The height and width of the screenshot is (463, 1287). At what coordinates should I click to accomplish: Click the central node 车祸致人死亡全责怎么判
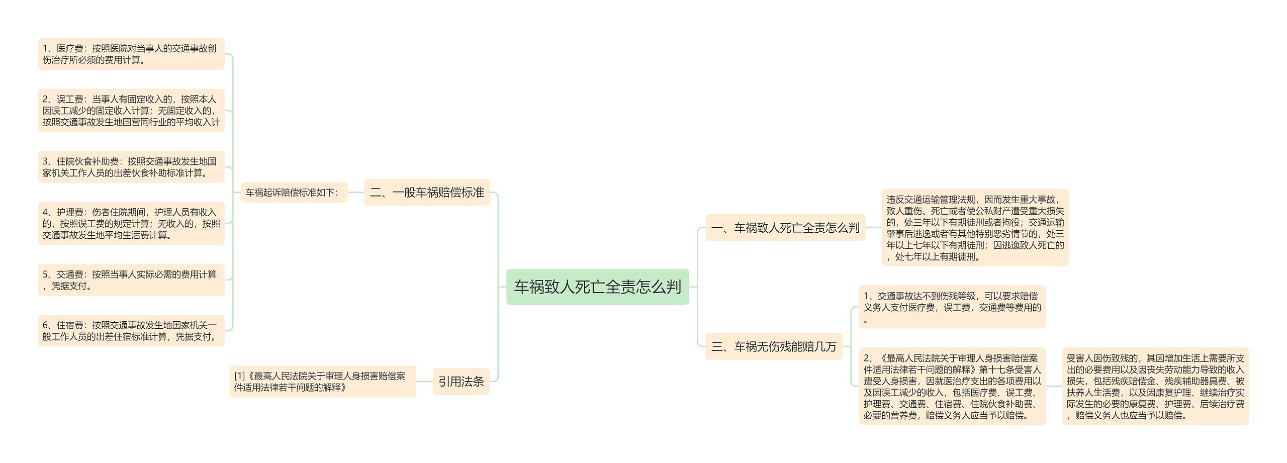pos(597,287)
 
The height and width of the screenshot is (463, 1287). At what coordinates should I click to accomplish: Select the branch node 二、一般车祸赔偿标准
pos(427,192)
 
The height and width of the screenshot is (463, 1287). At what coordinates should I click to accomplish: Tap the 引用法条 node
pos(461,382)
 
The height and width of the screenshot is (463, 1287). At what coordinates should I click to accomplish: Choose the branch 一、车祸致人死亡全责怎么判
pos(785,228)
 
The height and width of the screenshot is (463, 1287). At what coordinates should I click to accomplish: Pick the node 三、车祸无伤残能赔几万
pos(774,346)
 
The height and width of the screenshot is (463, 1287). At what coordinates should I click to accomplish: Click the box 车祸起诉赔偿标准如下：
pos(294,192)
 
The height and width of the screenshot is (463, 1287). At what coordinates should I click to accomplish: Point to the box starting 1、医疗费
pos(131,54)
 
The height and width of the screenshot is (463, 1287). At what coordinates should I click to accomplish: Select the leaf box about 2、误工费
pos(131,111)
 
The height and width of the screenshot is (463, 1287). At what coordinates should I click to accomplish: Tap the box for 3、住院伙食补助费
pos(131,167)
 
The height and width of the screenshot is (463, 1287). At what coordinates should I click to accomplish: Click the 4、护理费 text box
pos(131,223)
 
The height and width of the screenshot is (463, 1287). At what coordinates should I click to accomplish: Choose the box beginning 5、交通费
pos(131,280)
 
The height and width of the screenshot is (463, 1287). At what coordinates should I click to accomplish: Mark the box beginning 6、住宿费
pos(131,331)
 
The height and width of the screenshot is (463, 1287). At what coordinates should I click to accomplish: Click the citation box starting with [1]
pos(322,382)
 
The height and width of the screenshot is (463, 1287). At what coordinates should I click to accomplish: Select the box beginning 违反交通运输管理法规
pos(975,228)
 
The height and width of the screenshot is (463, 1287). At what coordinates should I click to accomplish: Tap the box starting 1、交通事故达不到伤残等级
pos(952,307)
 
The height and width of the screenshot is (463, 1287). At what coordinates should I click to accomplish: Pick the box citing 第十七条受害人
pos(952,386)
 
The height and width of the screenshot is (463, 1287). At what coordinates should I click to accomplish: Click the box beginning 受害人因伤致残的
pos(1155,386)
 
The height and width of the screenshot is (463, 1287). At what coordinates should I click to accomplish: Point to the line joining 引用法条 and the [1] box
pos(424,382)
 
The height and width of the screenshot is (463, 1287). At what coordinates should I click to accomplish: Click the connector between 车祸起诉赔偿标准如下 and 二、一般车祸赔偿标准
pos(355,192)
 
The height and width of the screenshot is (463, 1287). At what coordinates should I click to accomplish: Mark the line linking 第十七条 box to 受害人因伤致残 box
pos(1054,386)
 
